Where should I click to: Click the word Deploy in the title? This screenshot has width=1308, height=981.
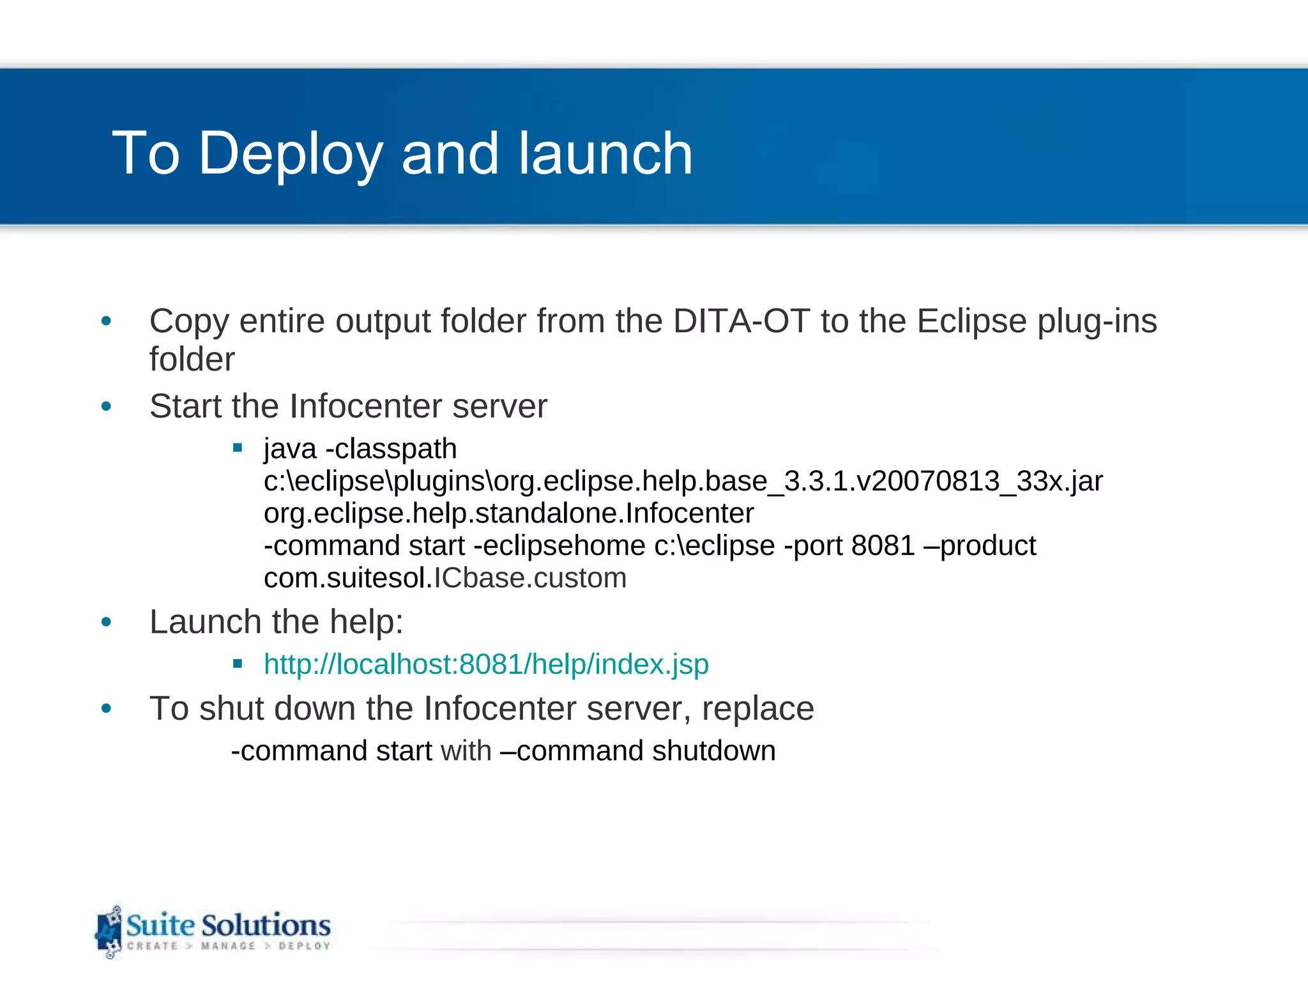(290, 154)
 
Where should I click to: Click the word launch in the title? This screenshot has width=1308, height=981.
(605, 154)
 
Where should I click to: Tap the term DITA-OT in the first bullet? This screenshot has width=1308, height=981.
(741, 321)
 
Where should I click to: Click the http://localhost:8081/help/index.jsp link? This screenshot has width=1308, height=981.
(486, 664)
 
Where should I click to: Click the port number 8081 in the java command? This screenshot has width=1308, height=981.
(883, 546)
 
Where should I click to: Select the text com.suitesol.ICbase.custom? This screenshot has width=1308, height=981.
(445, 578)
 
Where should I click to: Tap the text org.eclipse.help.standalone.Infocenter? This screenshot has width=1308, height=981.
(508, 513)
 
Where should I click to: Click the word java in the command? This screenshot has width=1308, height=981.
(290, 449)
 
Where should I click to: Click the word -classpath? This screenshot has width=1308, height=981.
(392, 449)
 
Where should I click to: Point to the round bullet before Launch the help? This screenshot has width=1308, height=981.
(106, 622)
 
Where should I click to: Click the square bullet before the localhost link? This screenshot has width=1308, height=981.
(238, 664)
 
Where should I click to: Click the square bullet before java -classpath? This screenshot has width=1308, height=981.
(238, 448)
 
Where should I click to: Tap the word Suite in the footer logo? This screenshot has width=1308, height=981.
(160, 925)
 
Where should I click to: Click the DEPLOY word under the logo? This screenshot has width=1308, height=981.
(304, 946)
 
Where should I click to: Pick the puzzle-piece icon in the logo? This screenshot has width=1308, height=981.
(109, 932)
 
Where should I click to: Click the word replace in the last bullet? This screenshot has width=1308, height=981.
(757, 709)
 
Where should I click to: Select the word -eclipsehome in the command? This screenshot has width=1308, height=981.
(559, 546)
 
